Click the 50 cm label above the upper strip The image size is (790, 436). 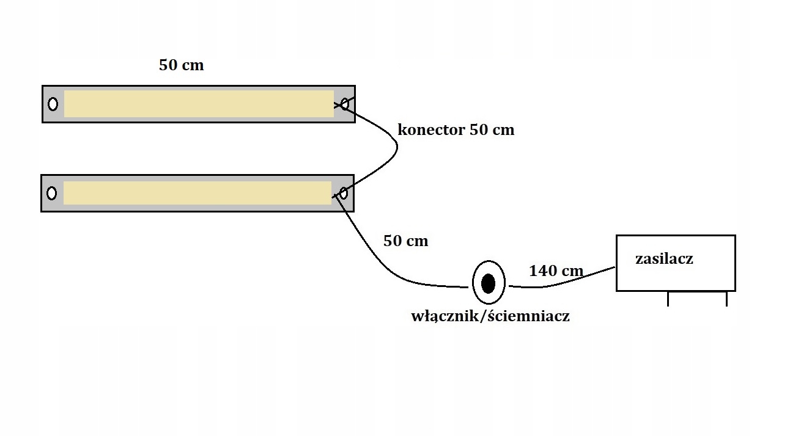coord(181,65)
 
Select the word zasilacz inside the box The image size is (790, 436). coord(664,259)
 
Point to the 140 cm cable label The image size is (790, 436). coord(556,271)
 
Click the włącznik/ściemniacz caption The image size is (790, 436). coord(490,316)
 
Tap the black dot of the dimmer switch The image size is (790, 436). coord(489,283)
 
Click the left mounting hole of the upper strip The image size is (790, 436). coord(53,104)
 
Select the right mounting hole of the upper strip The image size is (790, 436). coord(345,104)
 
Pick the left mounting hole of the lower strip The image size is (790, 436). coord(52,193)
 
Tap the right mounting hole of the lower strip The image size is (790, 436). coord(344,194)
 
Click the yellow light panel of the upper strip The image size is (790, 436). coord(199,104)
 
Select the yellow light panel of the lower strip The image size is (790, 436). coord(197,193)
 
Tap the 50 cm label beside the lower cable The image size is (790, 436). coord(405,241)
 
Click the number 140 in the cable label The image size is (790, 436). coord(542,271)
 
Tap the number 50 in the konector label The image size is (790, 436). coord(478,130)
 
